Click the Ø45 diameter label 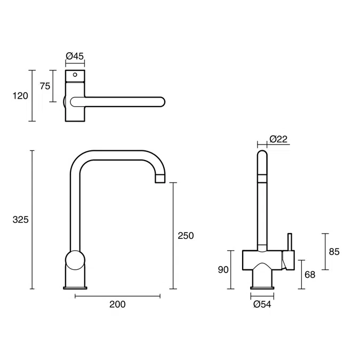(x=75, y=55)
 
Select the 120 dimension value (x=20, y=96)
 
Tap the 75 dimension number (x=45, y=86)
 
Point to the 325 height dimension (x=20, y=220)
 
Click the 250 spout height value (x=186, y=235)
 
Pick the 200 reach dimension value (x=117, y=305)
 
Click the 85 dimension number (x=334, y=251)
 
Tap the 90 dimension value (x=223, y=270)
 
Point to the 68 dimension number (x=310, y=275)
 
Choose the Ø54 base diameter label (x=263, y=305)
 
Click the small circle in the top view (x=75, y=75)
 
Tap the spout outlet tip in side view (x=160, y=180)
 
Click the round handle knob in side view (x=75, y=262)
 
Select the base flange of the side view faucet (x=75, y=289)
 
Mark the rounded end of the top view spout (x=161, y=101)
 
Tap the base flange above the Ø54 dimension (x=263, y=289)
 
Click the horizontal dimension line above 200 (x=117, y=295)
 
